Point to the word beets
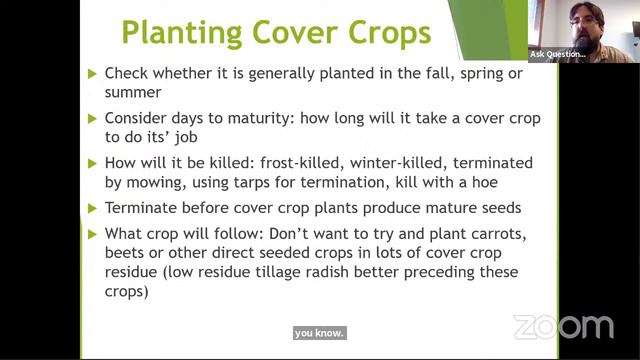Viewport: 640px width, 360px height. pos(126,253)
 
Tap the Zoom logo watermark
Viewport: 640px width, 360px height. pos(563,327)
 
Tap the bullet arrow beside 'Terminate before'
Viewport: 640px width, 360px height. pos(93,208)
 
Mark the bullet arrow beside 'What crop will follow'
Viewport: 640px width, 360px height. pos(93,234)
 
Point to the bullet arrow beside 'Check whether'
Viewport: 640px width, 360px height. pos(93,73)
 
